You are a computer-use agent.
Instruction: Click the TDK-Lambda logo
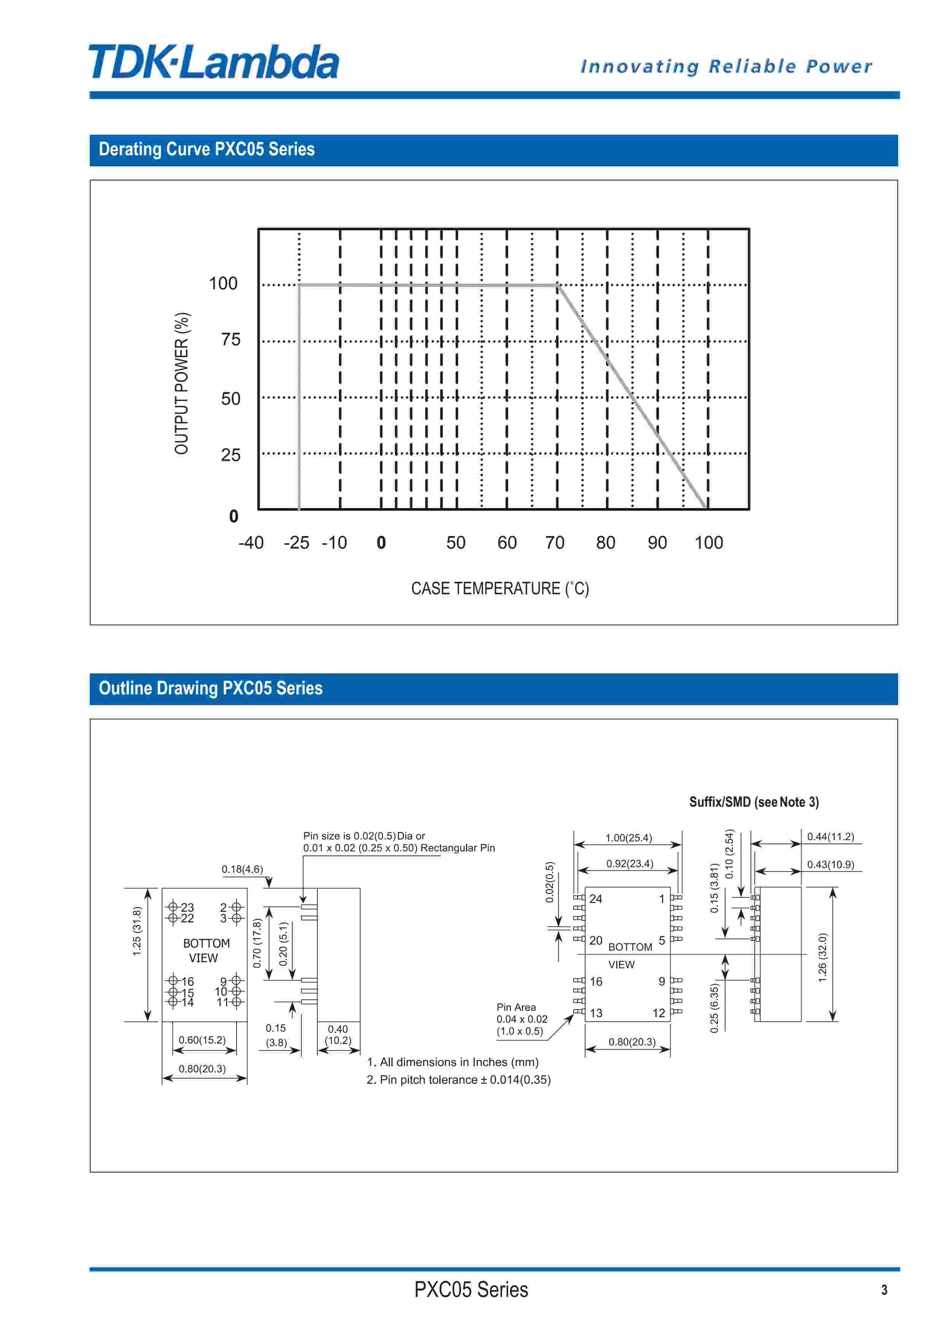214,62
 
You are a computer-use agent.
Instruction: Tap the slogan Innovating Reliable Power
727,66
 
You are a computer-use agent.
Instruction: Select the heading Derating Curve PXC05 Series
207,149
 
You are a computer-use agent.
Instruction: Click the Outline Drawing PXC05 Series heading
211,688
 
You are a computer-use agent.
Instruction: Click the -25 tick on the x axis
296,543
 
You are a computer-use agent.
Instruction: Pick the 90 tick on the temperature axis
657,543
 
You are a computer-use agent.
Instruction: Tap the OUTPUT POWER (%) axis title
182,383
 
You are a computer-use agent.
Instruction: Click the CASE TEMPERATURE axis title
500,589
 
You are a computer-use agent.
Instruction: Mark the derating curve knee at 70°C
557,285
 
